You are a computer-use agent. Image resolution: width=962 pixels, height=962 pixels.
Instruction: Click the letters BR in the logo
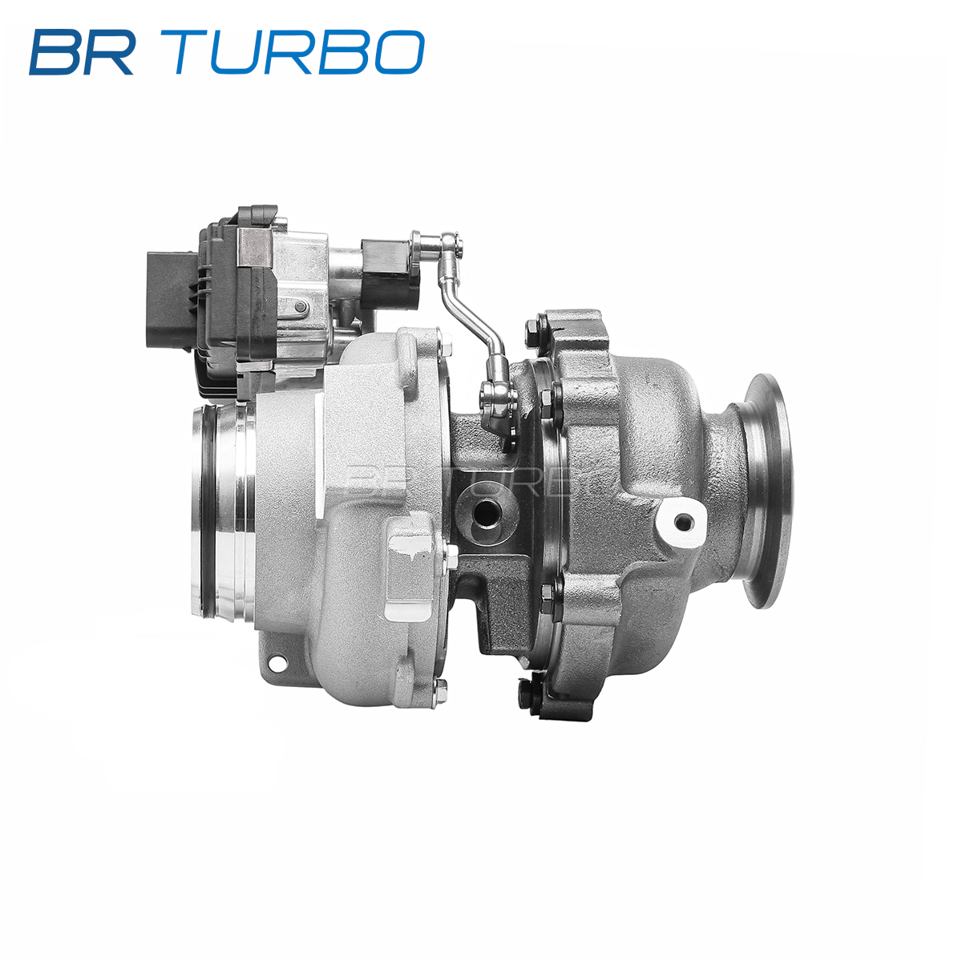82,52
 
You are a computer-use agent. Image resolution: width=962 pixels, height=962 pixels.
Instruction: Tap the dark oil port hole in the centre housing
487,512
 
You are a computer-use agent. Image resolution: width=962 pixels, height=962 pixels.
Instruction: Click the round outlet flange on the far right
766,491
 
